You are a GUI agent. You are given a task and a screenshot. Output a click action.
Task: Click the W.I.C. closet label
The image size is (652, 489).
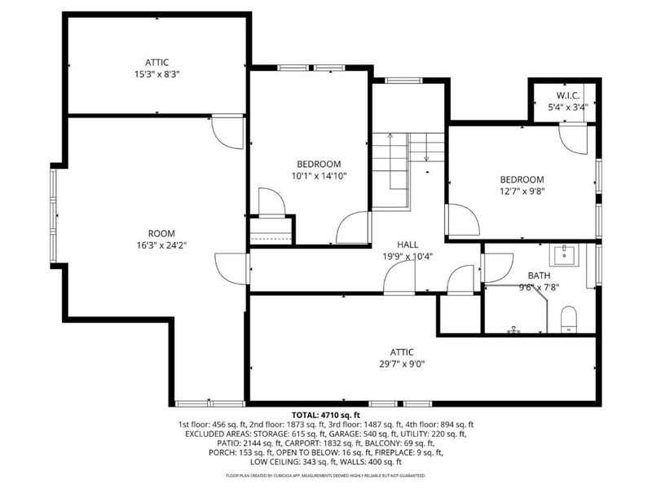[x=567, y=95]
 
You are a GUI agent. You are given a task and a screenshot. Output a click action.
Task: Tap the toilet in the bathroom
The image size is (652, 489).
[x=569, y=318]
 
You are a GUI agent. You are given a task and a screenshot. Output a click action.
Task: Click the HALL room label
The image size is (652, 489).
[x=408, y=244]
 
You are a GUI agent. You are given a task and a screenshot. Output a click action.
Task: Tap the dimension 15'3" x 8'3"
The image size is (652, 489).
[x=156, y=73]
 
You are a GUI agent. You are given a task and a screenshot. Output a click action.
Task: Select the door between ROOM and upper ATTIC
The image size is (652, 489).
[x=227, y=132]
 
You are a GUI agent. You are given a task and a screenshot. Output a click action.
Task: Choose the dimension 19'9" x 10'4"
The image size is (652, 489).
[x=408, y=256]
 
